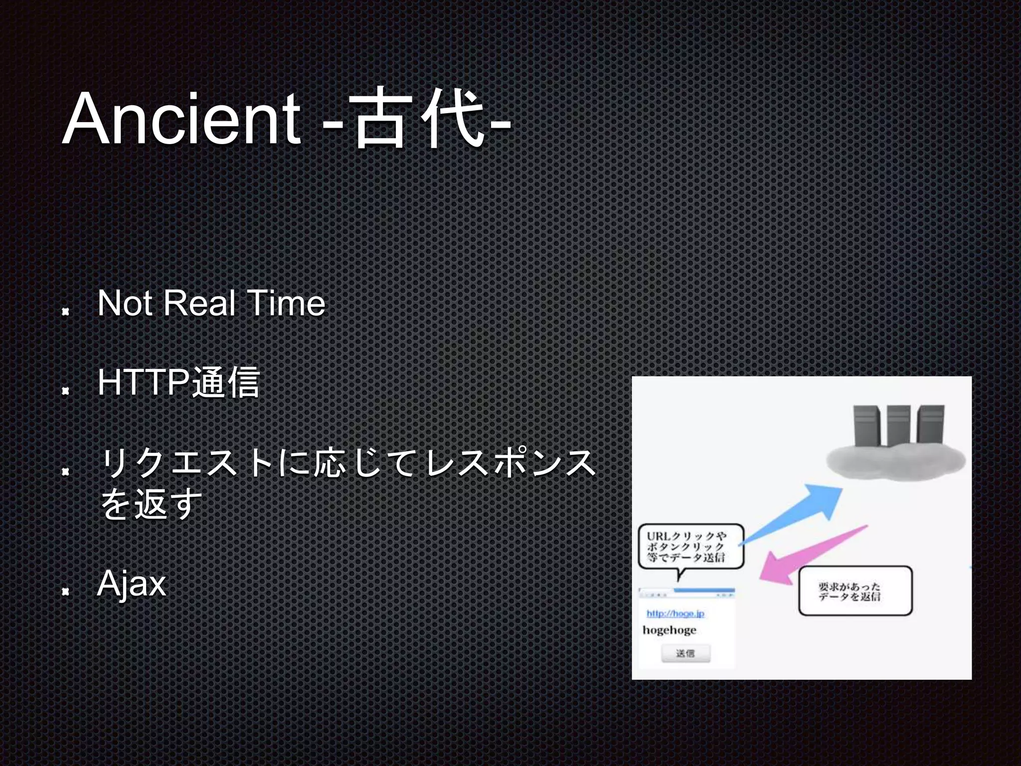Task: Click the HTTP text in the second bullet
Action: click(144, 383)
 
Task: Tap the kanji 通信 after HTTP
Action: click(225, 383)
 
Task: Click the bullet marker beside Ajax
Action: click(65, 592)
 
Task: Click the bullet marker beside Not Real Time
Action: click(65, 312)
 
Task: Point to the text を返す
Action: click(151, 504)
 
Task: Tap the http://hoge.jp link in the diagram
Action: click(675, 613)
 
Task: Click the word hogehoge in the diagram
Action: click(669, 630)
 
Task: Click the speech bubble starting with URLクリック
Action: click(690, 547)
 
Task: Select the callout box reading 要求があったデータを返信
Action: click(855, 591)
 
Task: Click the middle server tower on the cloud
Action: click(899, 426)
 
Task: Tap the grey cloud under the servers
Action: click(895, 461)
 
